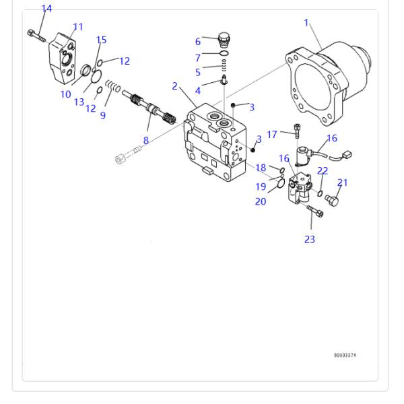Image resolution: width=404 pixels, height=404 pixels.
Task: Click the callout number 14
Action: pos(46,9)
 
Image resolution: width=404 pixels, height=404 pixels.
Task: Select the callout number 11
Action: pos(78,27)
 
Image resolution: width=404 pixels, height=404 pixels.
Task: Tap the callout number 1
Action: pos(306,23)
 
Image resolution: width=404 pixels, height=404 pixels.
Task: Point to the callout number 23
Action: pos(310,239)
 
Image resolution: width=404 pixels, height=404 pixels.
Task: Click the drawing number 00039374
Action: pos(345,355)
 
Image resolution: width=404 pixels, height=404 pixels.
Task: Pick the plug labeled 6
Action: pos(224,40)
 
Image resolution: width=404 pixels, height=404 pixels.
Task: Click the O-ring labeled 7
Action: pos(224,54)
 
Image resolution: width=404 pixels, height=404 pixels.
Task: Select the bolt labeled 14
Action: pos(36,36)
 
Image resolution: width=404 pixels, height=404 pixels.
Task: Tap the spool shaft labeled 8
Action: pos(149,107)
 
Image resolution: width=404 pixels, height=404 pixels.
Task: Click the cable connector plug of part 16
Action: pos(347,155)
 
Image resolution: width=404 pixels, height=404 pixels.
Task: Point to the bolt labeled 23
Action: pos(315,211)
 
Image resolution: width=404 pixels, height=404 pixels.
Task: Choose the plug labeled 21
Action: pos(331,200)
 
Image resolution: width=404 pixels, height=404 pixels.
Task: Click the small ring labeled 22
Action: pos(320,193)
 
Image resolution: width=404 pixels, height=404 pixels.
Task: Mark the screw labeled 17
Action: pos(297,131)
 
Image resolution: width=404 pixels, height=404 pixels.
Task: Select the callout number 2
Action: pos(174,86)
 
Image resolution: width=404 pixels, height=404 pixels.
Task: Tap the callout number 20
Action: pos(261,201)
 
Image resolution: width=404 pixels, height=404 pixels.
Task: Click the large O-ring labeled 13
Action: pos(96,77)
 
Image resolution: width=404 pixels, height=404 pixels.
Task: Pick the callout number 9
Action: pos(103,115)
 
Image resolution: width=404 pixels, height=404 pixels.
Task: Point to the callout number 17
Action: pos(272,135)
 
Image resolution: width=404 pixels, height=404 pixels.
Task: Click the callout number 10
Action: pos(66,94)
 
